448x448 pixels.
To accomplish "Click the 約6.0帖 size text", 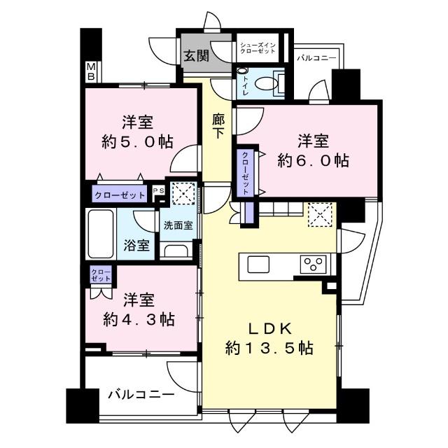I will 313,160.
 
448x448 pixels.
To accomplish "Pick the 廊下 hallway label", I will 218,125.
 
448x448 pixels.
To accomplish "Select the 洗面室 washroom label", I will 178,225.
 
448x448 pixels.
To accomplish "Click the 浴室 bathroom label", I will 136,245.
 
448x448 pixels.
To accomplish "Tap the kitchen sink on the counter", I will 258,264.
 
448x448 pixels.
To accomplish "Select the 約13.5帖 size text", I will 269,348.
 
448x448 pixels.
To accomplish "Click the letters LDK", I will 269,327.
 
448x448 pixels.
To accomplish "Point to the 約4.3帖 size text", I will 139,320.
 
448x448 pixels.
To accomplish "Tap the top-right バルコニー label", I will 316,59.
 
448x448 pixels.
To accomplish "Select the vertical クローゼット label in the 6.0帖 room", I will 246,173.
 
